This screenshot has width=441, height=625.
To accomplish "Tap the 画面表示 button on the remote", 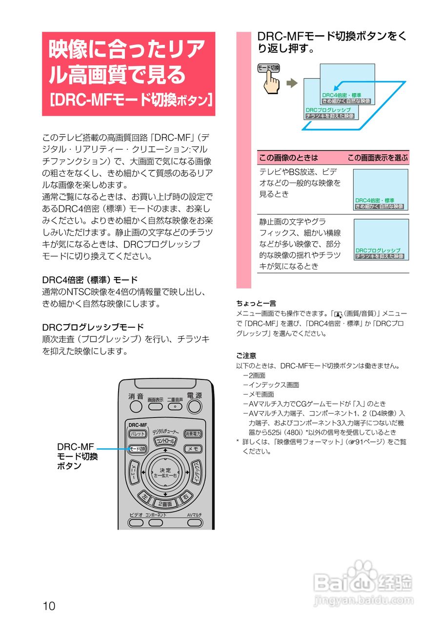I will pyautogui.click(x=156, y=406).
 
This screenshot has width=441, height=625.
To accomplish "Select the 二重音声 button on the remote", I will pyautogui.click(x=175, y=406).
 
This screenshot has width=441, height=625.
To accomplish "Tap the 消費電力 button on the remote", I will pyautogui.click(x=193, y=434).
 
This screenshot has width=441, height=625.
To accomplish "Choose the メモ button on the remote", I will pyautogui.click(x=193, y=448).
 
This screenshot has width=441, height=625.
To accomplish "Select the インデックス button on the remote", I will pyautogui.click(x=196, y=472).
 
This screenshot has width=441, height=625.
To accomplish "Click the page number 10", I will pyautogui.click(x=49, y=606).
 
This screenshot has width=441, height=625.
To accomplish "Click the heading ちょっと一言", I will pyautogui.click(x=256, y=303).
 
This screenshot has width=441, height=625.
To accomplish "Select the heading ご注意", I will pyautogui.click(x=246, y=355).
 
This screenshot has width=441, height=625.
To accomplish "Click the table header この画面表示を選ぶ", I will pyautogui.click(x=377, y=158).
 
